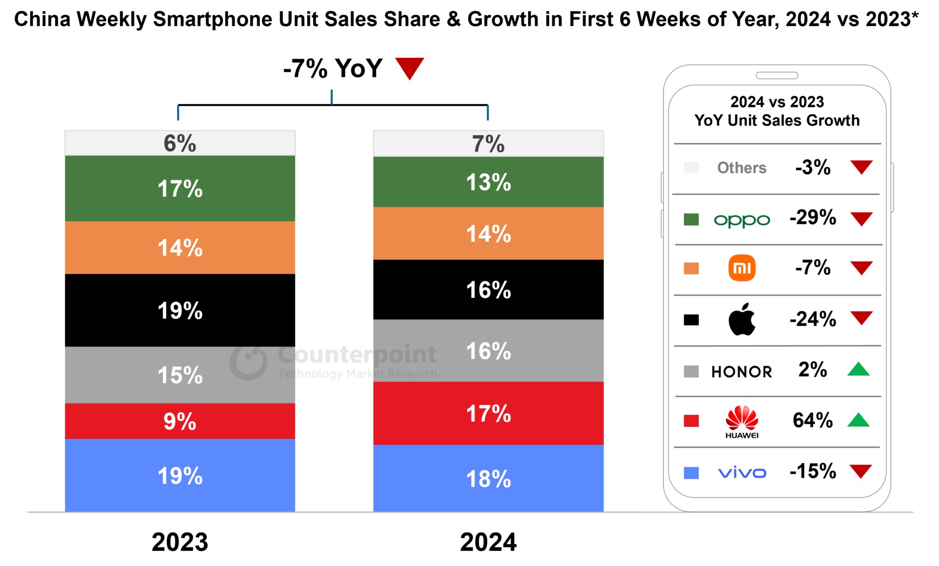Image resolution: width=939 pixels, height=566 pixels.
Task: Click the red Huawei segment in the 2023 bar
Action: tap(179, 421)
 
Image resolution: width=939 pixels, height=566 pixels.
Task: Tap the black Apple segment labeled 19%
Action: tap(179, 310)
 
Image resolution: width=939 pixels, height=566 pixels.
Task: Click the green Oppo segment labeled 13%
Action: tap(488, 182)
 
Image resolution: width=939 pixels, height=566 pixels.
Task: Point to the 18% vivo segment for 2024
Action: tap(488, 478)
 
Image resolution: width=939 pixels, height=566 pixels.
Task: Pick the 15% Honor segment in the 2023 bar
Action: tap(179, 375)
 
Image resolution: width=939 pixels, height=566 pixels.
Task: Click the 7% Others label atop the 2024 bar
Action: tap(488, 144)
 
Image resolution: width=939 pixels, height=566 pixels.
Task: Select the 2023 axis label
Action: tap(179, 542)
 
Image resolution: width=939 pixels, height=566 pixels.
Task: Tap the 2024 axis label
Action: tap(488, 542)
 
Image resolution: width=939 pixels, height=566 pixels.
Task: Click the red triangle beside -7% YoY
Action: tap(409, 68)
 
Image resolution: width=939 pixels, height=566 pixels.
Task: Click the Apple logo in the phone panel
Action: tap(741, 319)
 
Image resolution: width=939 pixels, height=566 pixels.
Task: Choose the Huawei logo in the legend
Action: tap(741, 421)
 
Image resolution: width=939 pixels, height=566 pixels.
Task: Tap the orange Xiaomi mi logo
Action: tap(741, 268)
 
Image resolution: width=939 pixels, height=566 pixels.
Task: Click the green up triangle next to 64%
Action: tap(858, 420)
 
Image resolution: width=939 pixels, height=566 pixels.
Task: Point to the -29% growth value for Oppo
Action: tap(813, 218)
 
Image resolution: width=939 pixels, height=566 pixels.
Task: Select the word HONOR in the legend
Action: tap(741, 372)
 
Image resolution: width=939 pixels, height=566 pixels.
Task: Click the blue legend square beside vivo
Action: tap(691, 473)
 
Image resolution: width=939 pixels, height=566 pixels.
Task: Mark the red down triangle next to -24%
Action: tap(861, 317)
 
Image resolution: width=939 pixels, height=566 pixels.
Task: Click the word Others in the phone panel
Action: tap(741, 168)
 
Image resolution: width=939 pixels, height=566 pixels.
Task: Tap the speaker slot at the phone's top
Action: tap(777, 75)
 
